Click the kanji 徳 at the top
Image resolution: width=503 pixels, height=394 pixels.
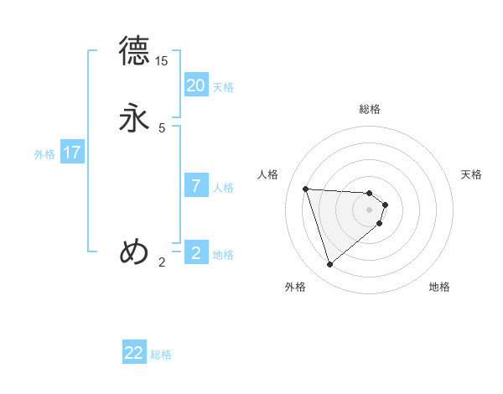point(134,51)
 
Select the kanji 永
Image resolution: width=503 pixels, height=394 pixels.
point(134,117)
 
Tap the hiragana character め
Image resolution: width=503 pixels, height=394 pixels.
point(134,251)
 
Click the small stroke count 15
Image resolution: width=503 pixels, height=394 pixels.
point(162,61)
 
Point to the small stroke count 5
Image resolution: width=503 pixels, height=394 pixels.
point(162,127)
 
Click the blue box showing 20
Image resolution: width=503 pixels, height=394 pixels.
point(195,85)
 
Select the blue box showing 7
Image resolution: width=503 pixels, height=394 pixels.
point(195,185)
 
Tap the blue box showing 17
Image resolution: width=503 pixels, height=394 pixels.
point(71,153)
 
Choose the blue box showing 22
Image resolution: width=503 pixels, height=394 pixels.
point(134,353)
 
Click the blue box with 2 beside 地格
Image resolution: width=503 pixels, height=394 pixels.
point(195,252)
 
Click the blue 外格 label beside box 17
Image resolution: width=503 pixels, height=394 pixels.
point(44,154)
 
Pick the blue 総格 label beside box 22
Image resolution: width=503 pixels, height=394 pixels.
point(161,355)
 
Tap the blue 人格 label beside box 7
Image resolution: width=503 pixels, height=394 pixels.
point(224,188)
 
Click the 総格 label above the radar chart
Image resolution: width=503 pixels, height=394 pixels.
point(370,109)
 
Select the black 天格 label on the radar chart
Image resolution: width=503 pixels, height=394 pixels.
point(471,174)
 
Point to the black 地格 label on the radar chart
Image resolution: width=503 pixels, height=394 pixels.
point(439,287)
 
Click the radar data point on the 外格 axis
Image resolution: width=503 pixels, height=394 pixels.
point(330,265)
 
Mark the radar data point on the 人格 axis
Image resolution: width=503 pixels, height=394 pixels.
point(306,189)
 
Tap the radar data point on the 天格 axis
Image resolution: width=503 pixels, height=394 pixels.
point(385,205)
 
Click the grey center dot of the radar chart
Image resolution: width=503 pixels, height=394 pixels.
point(370,210)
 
